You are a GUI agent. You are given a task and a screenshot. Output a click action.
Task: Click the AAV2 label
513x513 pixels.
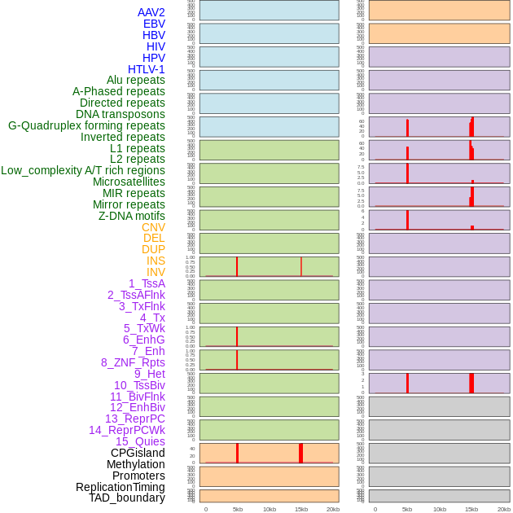tap(151, 12)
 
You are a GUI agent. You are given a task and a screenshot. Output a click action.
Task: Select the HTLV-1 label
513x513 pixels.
tap(146, 69)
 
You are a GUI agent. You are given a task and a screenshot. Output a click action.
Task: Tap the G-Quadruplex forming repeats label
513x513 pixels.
tap(86, 125)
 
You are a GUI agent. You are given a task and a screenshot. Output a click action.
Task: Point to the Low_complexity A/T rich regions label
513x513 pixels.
tap(82, 170)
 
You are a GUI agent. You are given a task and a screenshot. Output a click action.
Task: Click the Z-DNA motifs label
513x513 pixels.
tap(131, 216)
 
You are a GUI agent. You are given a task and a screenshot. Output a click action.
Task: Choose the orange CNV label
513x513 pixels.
tap(153, 227)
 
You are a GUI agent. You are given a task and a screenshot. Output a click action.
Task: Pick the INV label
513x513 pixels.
tap(156, 272)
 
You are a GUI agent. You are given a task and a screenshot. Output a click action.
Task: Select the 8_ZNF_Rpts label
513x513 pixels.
tap(133, 362)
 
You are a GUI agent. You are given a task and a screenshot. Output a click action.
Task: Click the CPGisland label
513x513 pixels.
tap(138, 453)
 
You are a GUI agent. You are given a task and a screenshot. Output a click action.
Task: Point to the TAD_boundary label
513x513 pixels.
tap(126, 498)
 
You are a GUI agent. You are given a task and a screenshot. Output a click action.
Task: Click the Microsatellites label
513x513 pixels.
tap(129, 182)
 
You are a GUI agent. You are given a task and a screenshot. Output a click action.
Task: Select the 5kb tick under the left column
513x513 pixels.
tap(237, 509)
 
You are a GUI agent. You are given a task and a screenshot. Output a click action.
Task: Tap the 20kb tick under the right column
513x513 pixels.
tap(503, 509)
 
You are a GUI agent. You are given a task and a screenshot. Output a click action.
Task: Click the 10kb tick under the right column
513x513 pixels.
tap(439, 509)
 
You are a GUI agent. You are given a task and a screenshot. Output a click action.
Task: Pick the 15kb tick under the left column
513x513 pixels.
tap(300, 509)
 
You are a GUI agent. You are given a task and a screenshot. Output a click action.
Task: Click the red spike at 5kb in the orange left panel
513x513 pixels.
tap(237, 454)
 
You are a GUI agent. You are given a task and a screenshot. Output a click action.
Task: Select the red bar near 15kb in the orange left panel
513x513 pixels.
tap(300, 454)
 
